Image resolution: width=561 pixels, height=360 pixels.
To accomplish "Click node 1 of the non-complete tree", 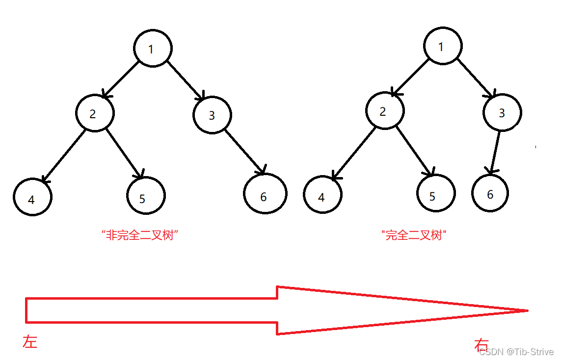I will click(x=153, y=49).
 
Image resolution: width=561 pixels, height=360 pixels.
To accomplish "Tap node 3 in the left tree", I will click(x=212, y=115).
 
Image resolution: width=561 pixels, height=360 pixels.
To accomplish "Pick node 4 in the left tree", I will click(x=32, y=198).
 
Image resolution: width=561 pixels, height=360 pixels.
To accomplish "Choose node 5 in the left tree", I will click(x=146, y=196).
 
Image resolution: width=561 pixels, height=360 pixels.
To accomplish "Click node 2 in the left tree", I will click(x=95, y=113).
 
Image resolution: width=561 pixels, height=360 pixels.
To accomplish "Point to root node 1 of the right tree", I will click(x=443, y=46).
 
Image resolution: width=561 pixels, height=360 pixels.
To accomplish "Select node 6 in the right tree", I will click(x=490, y=193).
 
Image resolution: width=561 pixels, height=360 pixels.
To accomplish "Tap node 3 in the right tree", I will click(x=502, y=112).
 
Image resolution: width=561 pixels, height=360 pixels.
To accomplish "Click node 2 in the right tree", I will click(x=385, y=111).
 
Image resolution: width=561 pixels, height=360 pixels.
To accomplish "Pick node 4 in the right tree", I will click(x=322, y=196).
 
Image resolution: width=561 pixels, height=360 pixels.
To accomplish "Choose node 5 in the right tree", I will click(x=436, y=194).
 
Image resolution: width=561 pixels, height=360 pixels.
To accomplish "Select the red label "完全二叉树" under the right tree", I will click(x=413, y=235).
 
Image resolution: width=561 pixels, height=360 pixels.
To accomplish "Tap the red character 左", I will click(x=30, y=342).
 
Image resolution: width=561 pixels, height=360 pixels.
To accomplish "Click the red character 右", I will click(x=481, y=345).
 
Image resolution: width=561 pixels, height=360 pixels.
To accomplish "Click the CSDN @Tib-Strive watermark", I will click(x=516, y=352).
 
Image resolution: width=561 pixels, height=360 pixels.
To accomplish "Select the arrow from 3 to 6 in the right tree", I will click(x=494, y=152).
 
